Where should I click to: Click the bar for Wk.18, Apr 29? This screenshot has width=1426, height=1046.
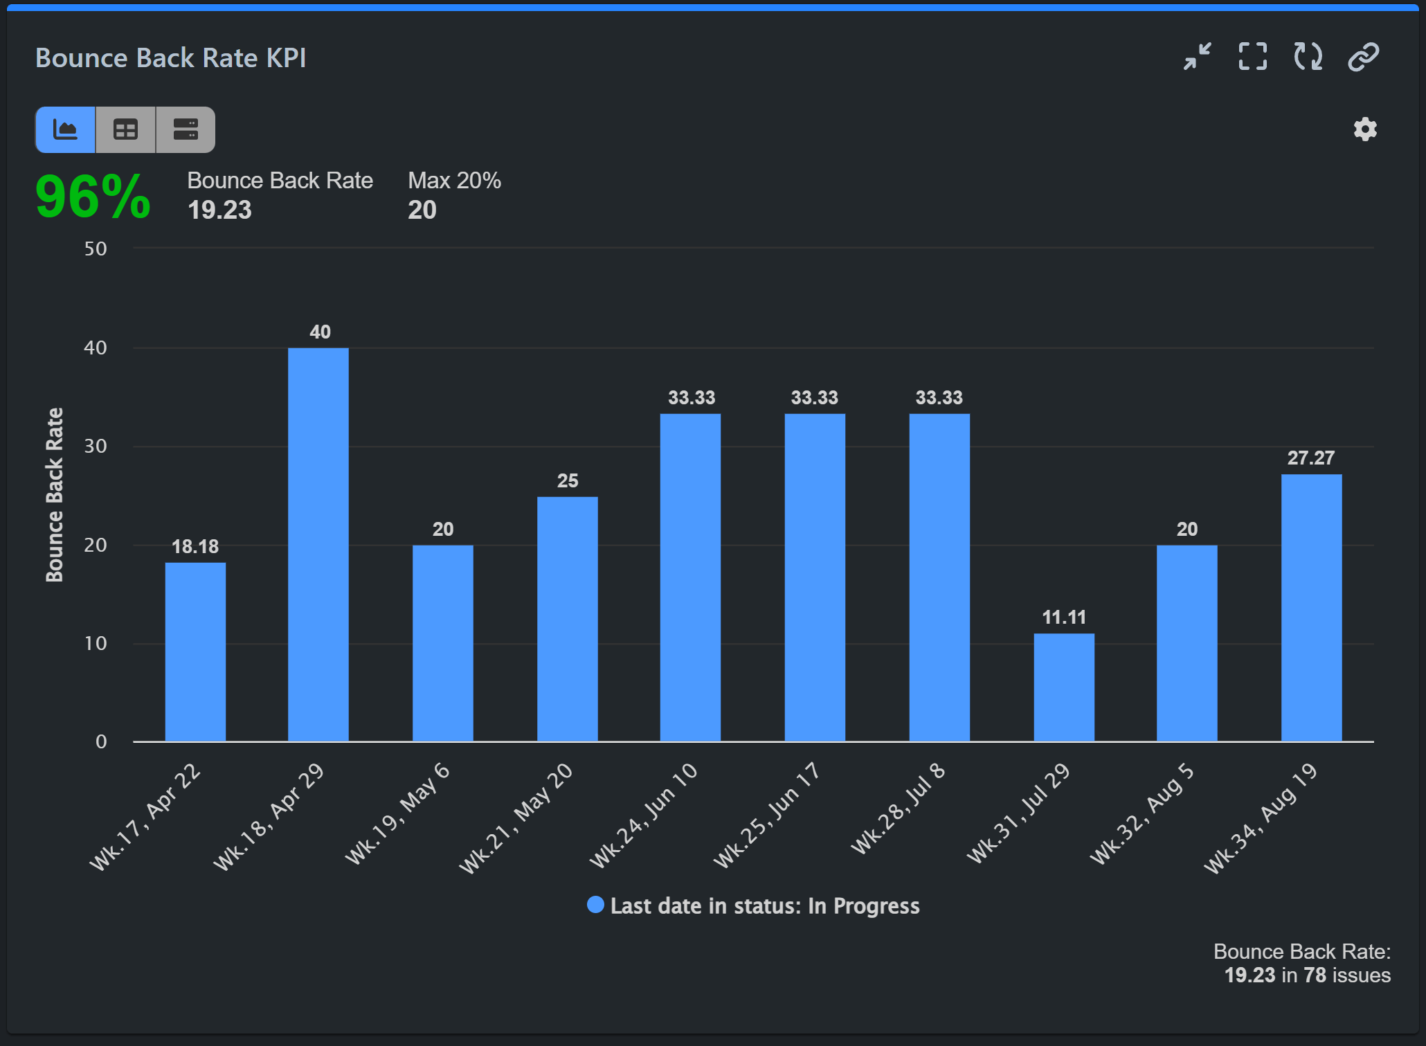318,544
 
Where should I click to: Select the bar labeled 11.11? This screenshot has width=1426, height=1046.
1064,687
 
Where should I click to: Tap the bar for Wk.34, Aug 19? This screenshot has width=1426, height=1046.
1311,607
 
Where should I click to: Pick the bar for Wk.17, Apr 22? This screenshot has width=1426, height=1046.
195,651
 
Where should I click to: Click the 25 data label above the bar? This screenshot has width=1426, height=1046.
568,481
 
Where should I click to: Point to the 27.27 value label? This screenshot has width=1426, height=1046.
1310,458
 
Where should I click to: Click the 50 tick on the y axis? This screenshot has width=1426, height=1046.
96,249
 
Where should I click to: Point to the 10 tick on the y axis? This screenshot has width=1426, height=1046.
96,644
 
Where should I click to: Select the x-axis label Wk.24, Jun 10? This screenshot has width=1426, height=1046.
644,815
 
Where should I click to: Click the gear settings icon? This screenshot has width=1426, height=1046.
1365,129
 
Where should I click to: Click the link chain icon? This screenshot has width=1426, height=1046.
1363,57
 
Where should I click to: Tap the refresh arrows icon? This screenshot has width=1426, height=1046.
1308,57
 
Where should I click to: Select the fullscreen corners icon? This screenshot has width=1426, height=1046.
1252,57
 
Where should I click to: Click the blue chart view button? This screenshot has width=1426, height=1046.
66,130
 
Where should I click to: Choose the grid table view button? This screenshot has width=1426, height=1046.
125,130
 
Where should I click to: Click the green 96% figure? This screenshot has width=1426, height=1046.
93,197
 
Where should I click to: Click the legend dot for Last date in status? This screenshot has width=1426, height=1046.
595,905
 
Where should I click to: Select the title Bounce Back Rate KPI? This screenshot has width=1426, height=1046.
170,58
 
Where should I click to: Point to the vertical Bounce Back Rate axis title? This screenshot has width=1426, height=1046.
55,494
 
